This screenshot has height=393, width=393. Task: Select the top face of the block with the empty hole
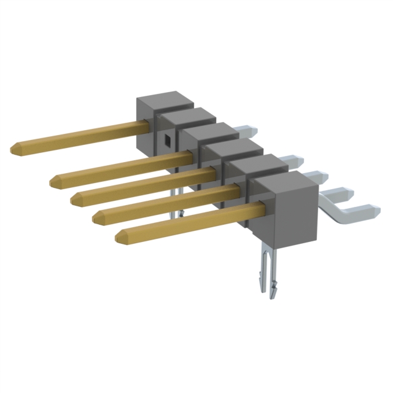(184, 115)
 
